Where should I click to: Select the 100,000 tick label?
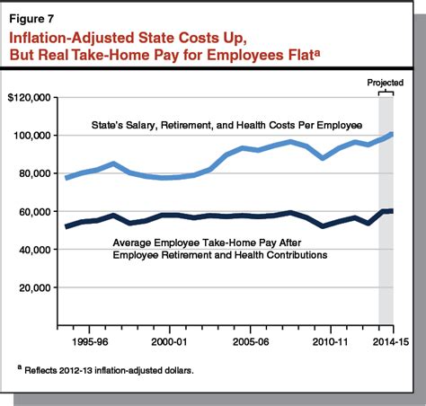33,135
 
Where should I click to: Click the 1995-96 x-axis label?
91,342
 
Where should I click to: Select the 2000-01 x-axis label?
170,342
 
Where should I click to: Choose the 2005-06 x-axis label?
250,342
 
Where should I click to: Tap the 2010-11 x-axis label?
329,342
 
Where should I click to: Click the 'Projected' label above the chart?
386,82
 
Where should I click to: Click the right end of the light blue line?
392,134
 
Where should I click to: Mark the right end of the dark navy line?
392,211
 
